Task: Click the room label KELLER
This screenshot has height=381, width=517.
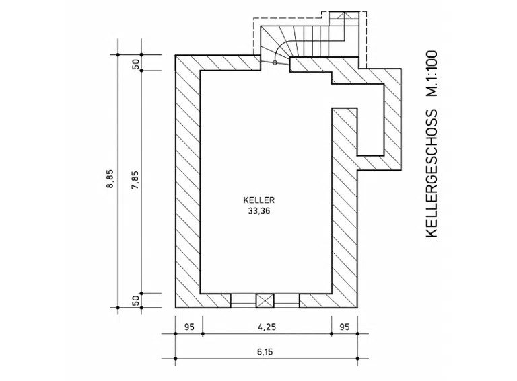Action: (258, 200)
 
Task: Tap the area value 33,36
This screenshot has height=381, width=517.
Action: (258, 211)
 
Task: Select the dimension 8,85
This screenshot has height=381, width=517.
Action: (110, 179)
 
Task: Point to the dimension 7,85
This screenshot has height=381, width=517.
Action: (135, 180)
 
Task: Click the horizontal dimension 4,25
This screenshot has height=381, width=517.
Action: (267, 327)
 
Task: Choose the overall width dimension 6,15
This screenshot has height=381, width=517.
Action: (265, 352)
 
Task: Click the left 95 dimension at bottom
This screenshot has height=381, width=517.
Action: (189, 327)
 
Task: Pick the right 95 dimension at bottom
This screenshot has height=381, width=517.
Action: (344, 327)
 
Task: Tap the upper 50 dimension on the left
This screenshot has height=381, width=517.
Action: (136, 64)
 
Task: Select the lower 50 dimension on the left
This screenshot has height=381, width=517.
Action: (136, 300)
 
